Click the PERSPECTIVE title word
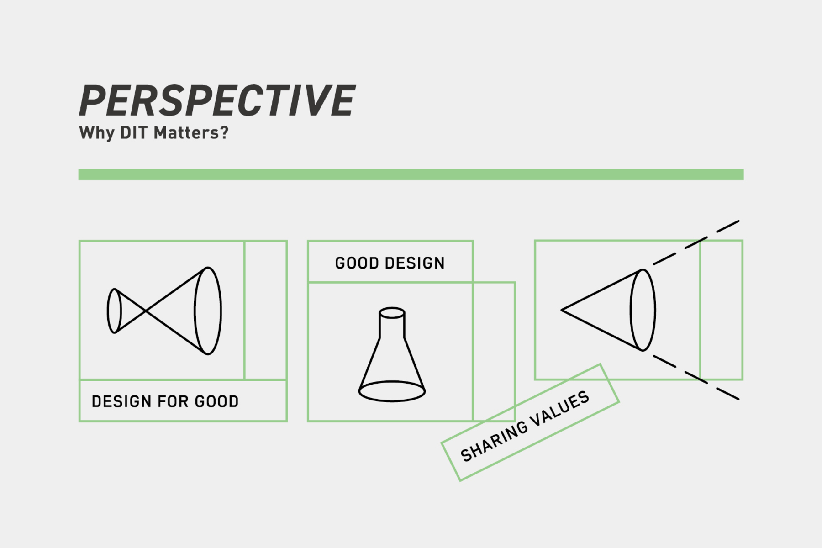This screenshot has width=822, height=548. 217,100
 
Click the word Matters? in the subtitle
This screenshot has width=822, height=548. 191,132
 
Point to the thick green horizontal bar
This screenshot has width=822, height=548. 411,174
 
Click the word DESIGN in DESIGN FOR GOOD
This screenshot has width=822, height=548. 121,401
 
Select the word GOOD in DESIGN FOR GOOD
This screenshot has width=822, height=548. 217,401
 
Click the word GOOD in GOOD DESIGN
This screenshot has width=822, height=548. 357,263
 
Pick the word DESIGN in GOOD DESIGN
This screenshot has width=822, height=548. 415,263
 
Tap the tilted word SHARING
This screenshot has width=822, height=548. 494,440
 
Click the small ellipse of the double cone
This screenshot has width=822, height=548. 114,311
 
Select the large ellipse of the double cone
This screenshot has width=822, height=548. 208,311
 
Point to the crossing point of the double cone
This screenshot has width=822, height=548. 146,311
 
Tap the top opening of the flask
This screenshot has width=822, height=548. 392,312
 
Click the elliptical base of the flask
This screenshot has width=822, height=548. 392,391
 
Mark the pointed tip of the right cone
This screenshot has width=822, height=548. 562,310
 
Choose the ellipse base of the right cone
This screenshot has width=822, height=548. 643,310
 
